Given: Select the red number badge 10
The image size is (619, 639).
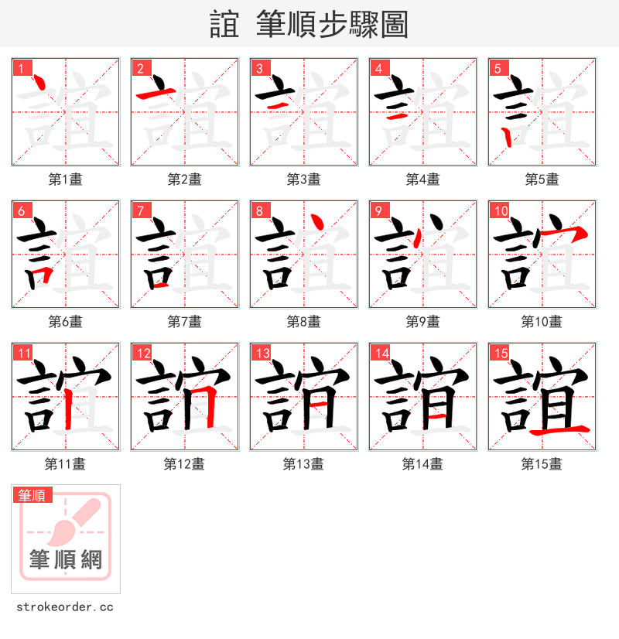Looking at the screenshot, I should click(501, 210).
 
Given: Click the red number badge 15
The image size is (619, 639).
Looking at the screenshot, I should click(501, 353).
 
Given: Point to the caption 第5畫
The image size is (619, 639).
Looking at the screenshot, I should click(542, 179).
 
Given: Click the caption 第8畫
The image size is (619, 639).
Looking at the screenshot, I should click(303, 322).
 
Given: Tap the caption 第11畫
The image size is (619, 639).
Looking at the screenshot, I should click(65, 464).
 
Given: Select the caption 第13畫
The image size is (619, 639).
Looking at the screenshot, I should click(303, 464).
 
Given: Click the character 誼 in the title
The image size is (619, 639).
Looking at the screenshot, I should click(224, 25).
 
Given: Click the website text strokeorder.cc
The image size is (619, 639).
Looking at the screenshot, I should click(65, 607).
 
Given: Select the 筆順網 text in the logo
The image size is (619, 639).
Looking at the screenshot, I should click(66, 559).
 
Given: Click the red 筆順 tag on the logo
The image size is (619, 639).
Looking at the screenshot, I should click(32, 495).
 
